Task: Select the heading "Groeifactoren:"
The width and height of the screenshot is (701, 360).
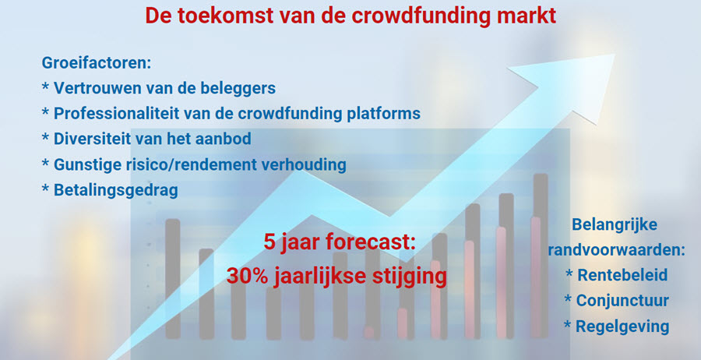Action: click(x=96, y=61)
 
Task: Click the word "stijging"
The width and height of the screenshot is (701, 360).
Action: click(x=414, y=275)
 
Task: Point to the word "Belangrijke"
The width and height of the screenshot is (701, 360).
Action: click(x=615, y=225)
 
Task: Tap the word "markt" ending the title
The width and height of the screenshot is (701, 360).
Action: click(x=529, y=16)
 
